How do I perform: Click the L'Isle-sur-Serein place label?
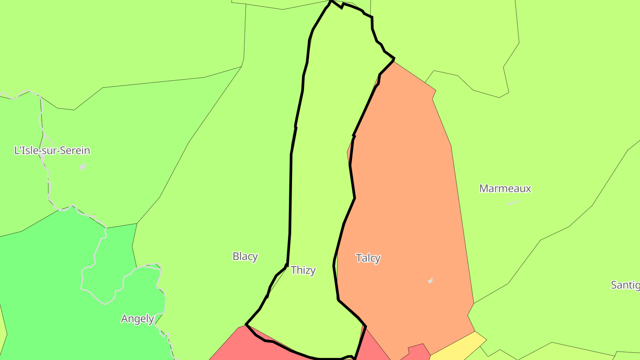click(52, 151)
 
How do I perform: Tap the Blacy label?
click(245, 256)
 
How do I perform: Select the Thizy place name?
click(303, 270)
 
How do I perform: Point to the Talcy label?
click(368, 258)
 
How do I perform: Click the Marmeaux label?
click(505, 188)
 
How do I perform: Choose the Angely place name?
click(137, 319)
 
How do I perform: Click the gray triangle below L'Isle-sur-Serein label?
click(83, 167)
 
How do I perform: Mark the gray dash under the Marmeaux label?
click(513, 203)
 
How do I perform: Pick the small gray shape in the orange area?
click(430, 280)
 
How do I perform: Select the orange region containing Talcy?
click(409, 200)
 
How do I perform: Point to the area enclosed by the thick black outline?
click(320, 178)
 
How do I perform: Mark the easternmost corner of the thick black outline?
click(394, 59)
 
